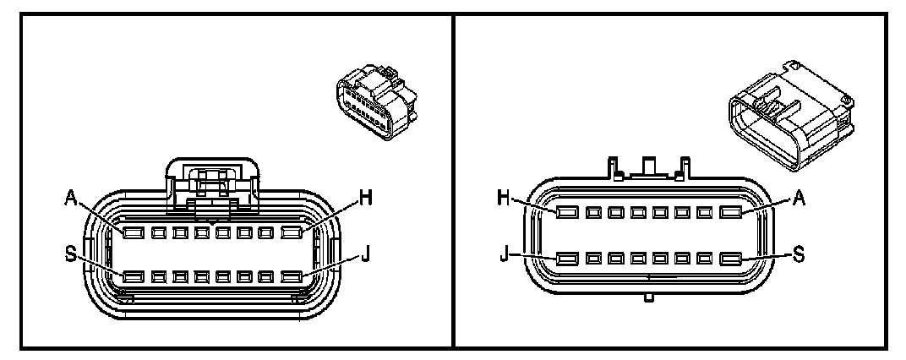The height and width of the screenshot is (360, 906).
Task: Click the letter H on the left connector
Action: click(366, 197)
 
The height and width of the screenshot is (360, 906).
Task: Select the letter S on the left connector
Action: click(71, 254)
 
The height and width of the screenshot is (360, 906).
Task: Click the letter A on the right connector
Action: click(802, 197)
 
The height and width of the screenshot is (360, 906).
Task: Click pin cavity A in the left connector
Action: click(133, 232)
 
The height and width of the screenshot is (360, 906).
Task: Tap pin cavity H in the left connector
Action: click(292, 232)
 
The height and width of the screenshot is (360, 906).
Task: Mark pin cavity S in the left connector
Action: click(133, 276)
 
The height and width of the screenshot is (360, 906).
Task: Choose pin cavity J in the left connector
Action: click(292, 276)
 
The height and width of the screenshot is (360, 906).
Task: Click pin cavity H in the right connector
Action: click(567, 212)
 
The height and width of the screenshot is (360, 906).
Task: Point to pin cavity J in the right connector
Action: click(567, 260)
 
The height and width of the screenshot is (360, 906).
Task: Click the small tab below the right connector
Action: click(649, 297)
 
